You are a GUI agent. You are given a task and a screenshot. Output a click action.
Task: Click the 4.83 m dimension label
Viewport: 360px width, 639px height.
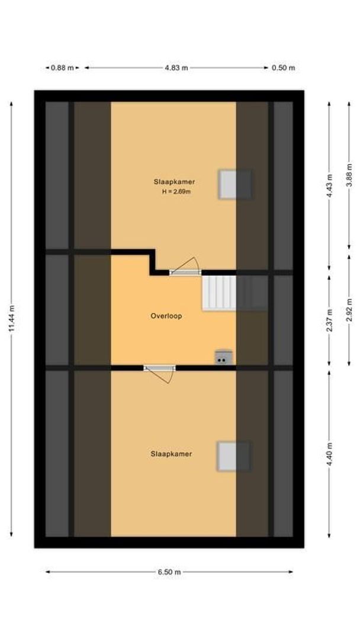[176, 68]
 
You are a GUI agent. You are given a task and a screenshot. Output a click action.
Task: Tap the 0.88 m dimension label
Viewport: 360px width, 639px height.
[62, 68]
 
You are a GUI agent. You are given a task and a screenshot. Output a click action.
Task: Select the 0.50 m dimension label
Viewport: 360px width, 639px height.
[283, 68]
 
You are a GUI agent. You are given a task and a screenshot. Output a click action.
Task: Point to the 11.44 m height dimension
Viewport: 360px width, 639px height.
[12, 319]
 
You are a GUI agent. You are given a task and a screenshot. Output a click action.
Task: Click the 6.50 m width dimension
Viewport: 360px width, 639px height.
[169, 572]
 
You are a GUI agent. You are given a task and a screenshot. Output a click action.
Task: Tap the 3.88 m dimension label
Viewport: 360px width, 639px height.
[349, 175]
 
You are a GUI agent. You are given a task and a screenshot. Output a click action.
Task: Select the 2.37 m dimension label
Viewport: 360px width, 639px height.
[330, 318]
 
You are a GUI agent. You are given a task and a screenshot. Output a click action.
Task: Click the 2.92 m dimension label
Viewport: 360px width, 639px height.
[349, 308]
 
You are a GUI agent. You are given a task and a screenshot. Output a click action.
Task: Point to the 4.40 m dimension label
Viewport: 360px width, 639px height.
[330, 454]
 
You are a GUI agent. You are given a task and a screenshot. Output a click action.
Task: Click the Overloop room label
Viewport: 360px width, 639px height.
[166, 316]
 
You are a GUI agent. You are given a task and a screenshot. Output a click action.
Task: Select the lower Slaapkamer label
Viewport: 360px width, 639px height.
[171, 454]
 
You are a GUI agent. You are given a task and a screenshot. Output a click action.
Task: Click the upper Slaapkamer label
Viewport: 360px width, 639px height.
[174, 182]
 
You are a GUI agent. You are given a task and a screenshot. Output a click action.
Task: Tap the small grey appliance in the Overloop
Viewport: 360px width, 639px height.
[223, 357]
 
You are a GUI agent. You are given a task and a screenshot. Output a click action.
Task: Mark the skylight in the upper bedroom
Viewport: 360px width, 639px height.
[235, 185]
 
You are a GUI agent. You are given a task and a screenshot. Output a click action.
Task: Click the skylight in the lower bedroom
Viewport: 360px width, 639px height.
[233, 456]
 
